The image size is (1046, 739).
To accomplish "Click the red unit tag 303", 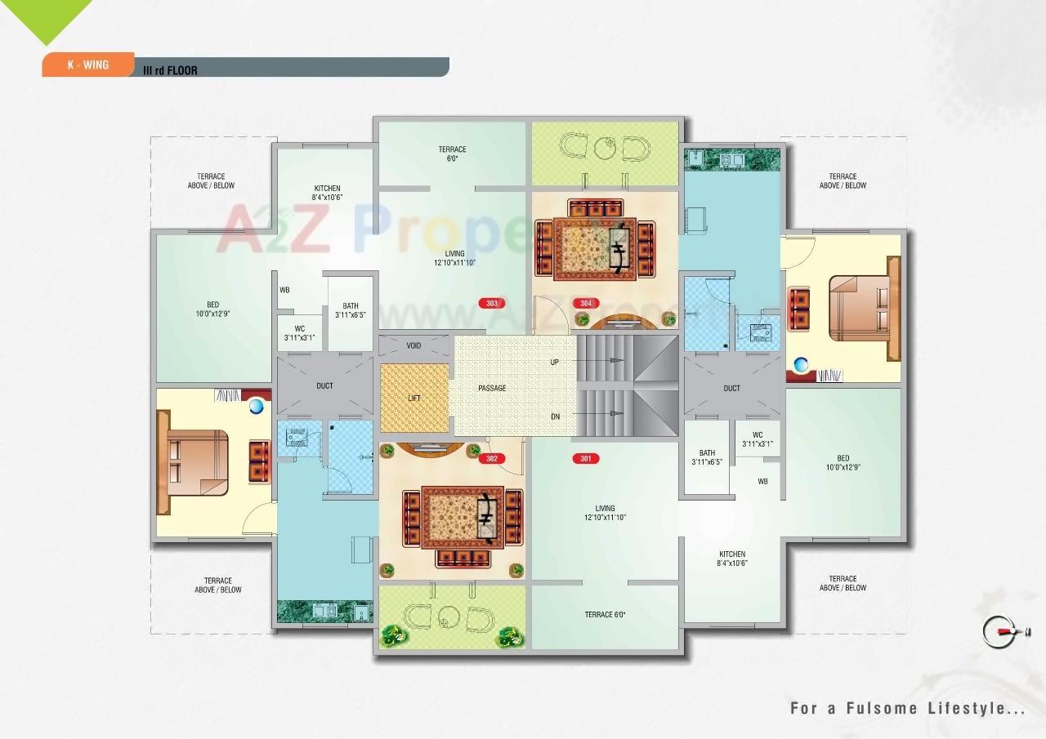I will [491, 303].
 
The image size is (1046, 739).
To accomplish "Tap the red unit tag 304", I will [585, 303].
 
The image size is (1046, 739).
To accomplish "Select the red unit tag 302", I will [491, 459].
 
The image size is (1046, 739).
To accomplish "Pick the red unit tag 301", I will [585, 459].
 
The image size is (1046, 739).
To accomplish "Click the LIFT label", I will [414, 398].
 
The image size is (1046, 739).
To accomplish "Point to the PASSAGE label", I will [492, 388].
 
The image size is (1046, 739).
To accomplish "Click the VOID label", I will [414, 345].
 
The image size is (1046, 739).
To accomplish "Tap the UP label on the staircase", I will [554, 361].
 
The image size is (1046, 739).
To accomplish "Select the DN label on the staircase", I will [555, 416].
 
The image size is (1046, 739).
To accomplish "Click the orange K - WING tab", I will [87, 65].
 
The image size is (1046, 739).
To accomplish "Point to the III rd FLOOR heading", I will [170, 70].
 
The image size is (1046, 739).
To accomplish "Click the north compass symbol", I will [1004, 630].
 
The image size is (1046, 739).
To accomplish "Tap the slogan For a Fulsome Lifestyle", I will [907, 708].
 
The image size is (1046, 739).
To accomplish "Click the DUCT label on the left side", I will [324, 385].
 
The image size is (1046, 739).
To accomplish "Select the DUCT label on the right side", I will [731, 388].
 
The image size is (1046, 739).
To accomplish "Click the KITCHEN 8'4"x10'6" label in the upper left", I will [327, 193].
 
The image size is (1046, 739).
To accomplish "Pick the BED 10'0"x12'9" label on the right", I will [843, 463].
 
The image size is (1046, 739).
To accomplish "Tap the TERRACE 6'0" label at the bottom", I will [605, 615].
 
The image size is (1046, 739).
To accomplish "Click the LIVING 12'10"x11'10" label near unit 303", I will [454, 258].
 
